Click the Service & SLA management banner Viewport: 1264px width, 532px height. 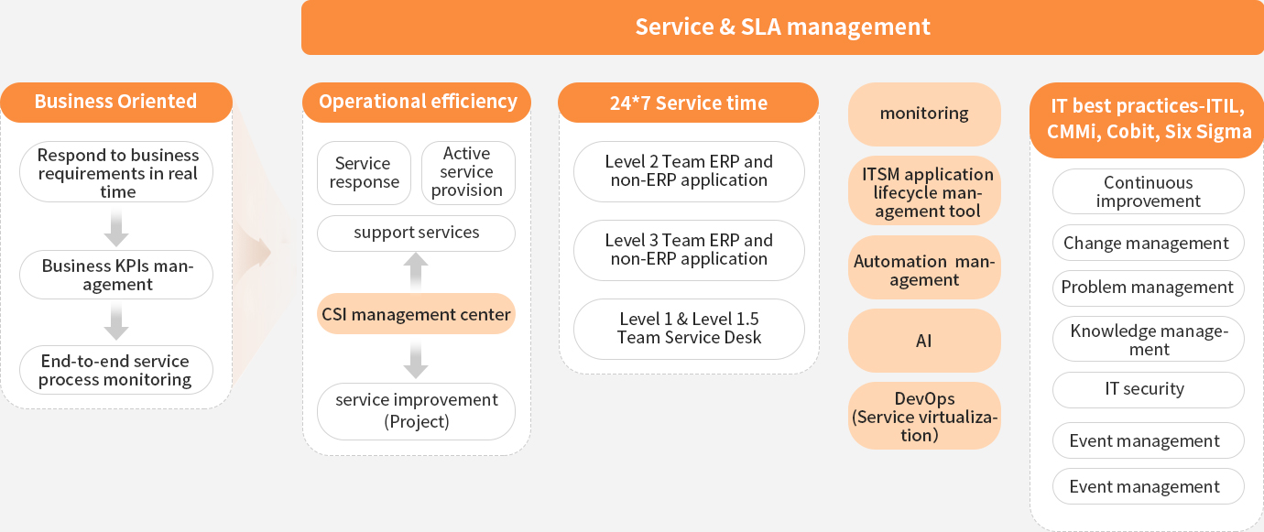coord(782,27)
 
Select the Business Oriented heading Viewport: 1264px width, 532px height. coord(116,103)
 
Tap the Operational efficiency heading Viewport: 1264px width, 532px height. coord(417,103)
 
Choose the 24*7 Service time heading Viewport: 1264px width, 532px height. coord(689,103)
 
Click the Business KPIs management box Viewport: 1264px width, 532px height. coord(116,275)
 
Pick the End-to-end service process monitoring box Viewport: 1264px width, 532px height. coord(116,370)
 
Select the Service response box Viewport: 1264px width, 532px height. coord(364,173)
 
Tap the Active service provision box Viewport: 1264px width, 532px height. coord(468,173)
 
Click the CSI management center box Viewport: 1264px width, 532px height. coord(416,314)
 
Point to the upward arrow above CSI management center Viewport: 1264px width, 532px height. coord(416,271)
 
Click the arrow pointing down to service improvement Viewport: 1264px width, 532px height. coord(416,359)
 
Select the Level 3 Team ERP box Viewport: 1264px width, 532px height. coord(689,250)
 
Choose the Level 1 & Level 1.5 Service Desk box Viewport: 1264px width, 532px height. coord(689,329)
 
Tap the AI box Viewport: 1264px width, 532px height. coord(924,341)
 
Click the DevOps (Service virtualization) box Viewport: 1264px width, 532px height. coord(924,416)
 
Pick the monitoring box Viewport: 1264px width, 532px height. coord(924,114)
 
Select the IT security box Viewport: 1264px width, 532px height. coord(1149,390)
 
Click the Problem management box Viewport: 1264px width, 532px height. coord(1149,288)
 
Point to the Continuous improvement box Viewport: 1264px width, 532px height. coord(1149,191)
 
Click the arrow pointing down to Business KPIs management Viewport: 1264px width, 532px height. coord(116,228)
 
